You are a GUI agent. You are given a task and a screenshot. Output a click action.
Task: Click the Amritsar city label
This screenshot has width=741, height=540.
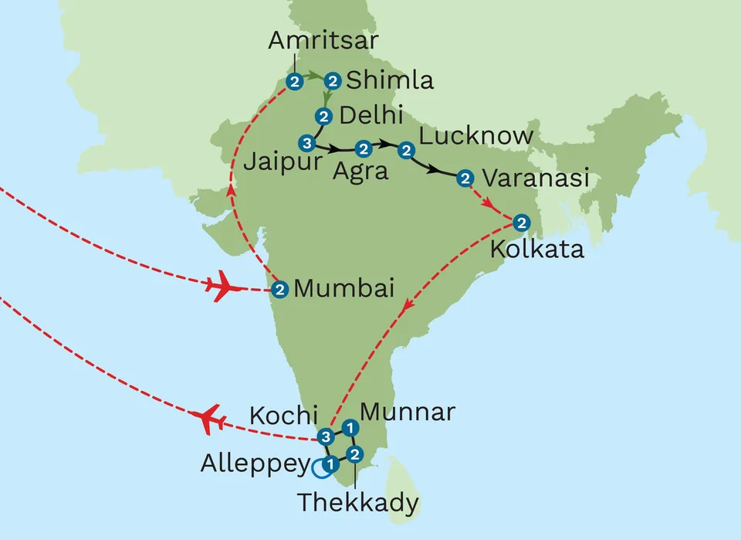click(323, 40)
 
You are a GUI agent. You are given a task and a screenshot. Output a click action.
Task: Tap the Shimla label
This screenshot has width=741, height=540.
click(390, 80)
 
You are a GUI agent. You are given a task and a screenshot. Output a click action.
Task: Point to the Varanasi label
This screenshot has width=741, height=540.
click(536, 178)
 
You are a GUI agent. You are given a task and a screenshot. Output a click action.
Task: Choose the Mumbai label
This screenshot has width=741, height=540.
click(344, 290)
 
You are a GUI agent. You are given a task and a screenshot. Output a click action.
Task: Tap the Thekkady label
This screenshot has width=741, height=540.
click(358, 503)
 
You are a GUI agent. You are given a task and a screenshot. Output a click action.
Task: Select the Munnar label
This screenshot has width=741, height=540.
click(408, 412)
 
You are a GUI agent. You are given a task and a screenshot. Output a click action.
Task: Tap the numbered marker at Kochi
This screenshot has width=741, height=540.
click(327, 435)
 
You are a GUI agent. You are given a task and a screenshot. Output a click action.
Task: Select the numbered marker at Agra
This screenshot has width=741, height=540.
click(361, 148)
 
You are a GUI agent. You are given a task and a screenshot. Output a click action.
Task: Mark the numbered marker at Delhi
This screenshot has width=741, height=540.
click(323, 117)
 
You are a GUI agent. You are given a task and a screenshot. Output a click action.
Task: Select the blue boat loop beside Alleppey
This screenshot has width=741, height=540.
click(318, 467)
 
